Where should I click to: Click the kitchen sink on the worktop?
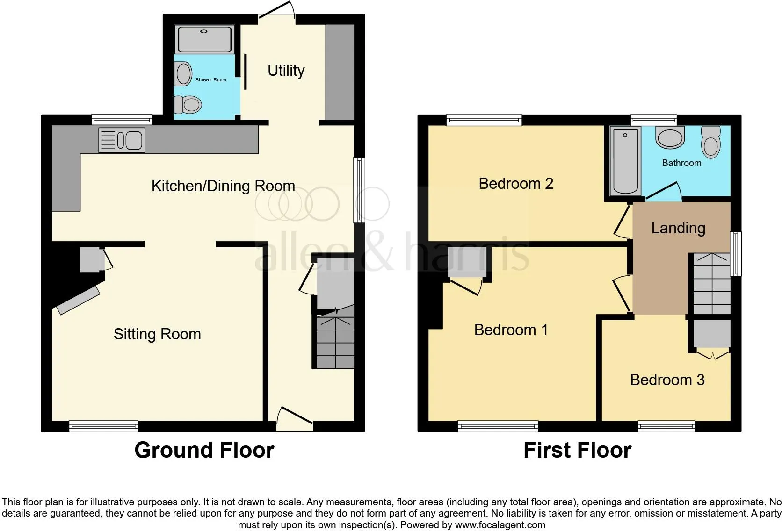click(122, 140)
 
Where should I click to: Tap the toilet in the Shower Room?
click(188, 105)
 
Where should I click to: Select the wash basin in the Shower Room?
click(183, 73)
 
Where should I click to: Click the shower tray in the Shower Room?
click(204, 39)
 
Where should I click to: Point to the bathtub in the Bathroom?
click(625, 161)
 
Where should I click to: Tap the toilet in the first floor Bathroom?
click(711, 142)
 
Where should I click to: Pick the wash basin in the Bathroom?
click(670, 137)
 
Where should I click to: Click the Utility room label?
click(286, 71)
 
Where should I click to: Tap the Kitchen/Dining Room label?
click(223, 186)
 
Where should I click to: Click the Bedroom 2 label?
click(515, 184)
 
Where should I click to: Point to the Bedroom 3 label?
click(667, 380)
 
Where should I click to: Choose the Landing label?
click(678, 229)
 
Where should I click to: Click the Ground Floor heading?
click(204, 450)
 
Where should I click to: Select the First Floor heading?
click(578, 450)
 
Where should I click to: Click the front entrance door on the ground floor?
click(295, 419)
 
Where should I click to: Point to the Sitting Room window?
click(104, 426)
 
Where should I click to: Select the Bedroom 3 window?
click(666, 426)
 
